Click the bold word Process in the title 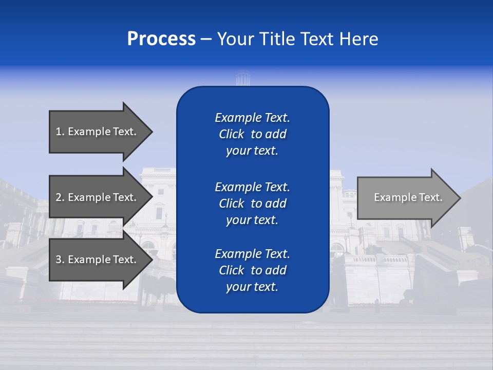coord(161,39)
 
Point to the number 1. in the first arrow coord(60,132)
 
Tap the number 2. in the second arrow coord(60,197)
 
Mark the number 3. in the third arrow coord(60,260)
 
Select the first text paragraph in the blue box coord(252,134)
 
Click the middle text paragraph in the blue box coord(252,203)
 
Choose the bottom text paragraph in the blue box coord(252,270)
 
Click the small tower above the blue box coord(241,79)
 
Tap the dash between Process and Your coord(206,39)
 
